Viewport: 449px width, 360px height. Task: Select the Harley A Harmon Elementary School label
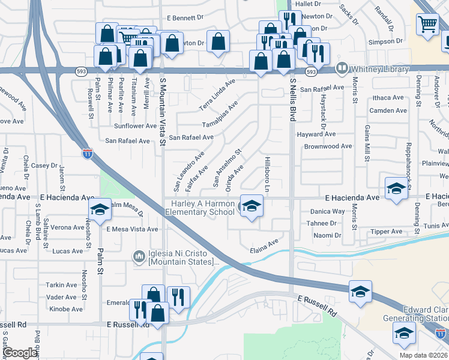200,208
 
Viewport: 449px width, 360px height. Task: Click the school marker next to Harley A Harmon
252,206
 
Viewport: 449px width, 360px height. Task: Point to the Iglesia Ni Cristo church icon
139,256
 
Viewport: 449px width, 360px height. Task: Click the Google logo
20,353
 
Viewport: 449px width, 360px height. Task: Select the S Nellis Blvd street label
293,100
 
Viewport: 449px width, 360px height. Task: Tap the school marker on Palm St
99,209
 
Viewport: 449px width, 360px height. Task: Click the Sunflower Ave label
135,126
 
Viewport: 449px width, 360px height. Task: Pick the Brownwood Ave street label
328,146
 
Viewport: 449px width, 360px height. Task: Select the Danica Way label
327,211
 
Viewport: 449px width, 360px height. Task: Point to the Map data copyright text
423,355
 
